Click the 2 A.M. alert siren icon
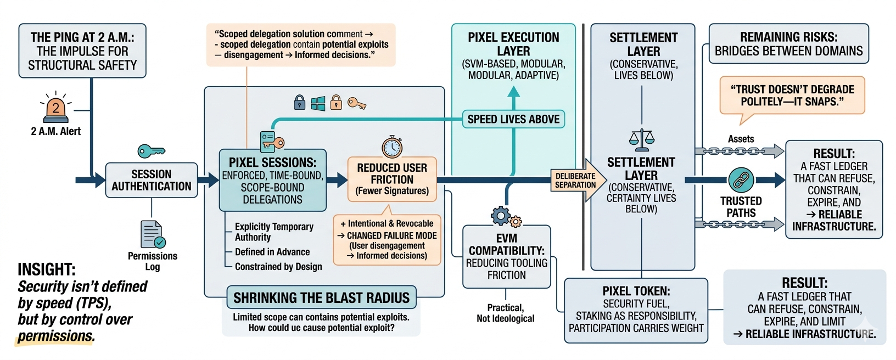tap(56, 109)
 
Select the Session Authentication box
tap(152, 180)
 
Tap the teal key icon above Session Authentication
tap(151, 151)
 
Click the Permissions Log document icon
tap(152, 235)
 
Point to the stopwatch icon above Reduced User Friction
tap(392, 147)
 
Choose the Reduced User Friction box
tap(392, 179)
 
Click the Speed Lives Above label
tap(513, 119)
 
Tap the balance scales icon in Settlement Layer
tap(642, 140)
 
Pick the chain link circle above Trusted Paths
tap(741, 179)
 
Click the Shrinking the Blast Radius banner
tap(321, 298)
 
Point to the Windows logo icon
tap(318, 103)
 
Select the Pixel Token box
tap(636, 310)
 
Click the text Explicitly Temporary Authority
tap(274, 232)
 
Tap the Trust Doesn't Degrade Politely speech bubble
tap(792, 95)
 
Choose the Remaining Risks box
tap(788, 44)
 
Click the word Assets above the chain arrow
tap(741, 139)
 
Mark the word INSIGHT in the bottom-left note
tap(47, 269)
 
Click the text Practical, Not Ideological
tap(505, 313)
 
